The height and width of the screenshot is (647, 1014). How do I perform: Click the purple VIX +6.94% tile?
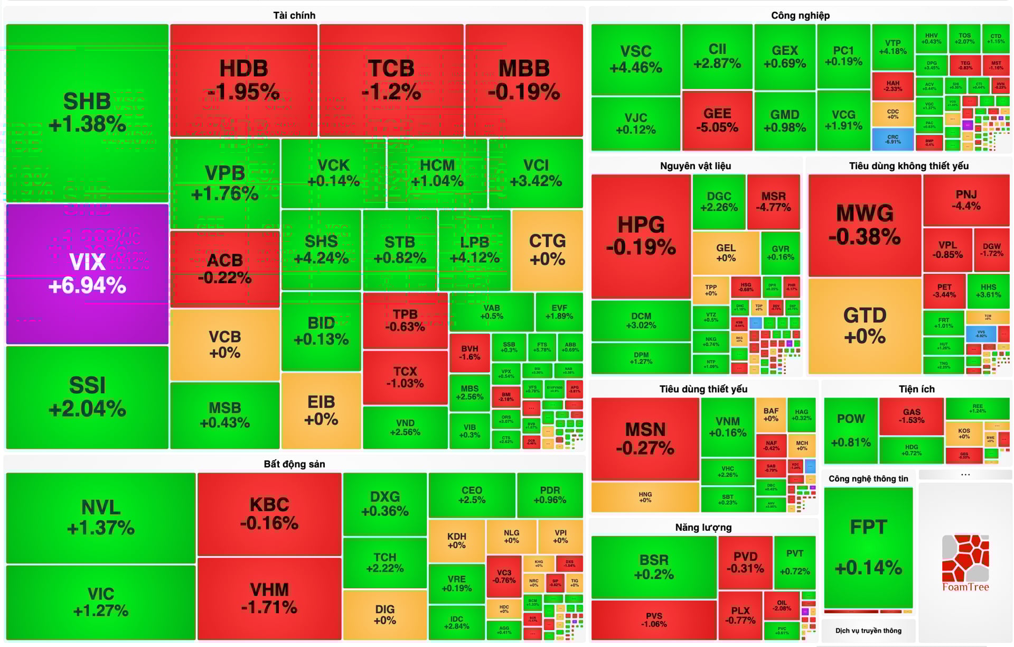[87, 274]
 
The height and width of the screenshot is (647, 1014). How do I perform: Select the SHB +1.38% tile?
[87, 113]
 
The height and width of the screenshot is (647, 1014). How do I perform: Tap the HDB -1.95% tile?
[243, 80]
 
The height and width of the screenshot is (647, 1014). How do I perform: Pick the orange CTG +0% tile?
[547, 249]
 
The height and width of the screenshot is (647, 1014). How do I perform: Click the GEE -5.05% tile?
[717, 121]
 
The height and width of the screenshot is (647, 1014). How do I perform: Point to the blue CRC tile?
[893, 139]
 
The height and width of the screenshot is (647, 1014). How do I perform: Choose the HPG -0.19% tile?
[641, 236]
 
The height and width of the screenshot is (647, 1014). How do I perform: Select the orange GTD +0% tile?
[865, 326]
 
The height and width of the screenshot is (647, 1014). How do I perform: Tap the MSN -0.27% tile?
[645, 439]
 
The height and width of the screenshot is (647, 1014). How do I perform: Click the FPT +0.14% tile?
[868, 547]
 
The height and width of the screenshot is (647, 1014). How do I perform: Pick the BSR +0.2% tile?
[654, 567]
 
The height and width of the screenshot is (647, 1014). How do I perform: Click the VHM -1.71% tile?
[269, 598]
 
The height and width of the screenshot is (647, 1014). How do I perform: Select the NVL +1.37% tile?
[100, 517]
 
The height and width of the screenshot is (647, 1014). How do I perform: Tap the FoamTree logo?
[965, 563]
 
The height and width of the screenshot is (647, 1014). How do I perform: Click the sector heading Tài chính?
[294, 15]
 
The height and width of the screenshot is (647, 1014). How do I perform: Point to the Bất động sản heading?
[294, 464]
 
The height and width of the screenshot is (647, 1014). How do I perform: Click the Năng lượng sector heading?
[703, 528]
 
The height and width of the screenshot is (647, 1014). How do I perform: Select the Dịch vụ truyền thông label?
[868, 631]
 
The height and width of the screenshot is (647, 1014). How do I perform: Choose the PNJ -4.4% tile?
[966, 200]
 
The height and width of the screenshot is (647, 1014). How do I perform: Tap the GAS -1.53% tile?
[912, 415]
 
